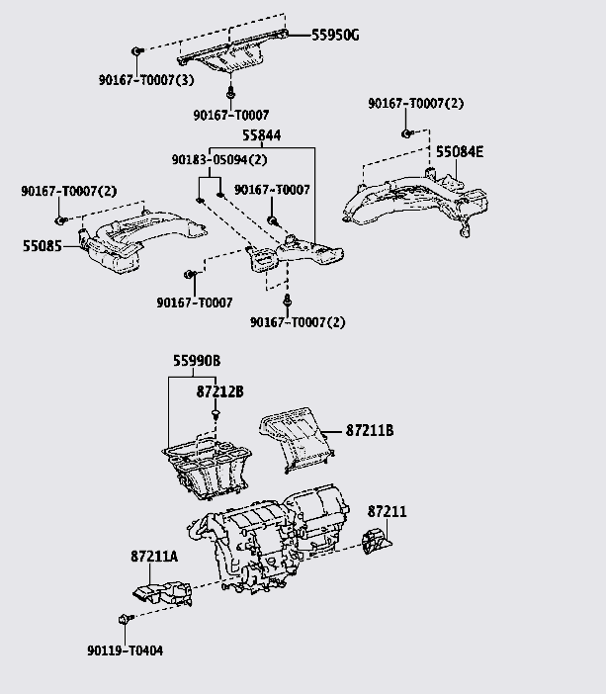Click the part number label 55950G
pyautogui.click(x=336, y=36)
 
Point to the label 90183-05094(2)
pyautogui.click(x=218, y=160)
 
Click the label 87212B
pyautogui.click(x=219, y=391)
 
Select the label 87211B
pyautogui.click(x=370, y=431)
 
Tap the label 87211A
pyautogui.click(x=154, y=557)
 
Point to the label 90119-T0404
pyautogui.click(x=125, y=651)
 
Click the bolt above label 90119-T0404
pyautogui.click(x=122, y=619)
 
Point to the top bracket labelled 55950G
pyautogui.click(x=229, y=54)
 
